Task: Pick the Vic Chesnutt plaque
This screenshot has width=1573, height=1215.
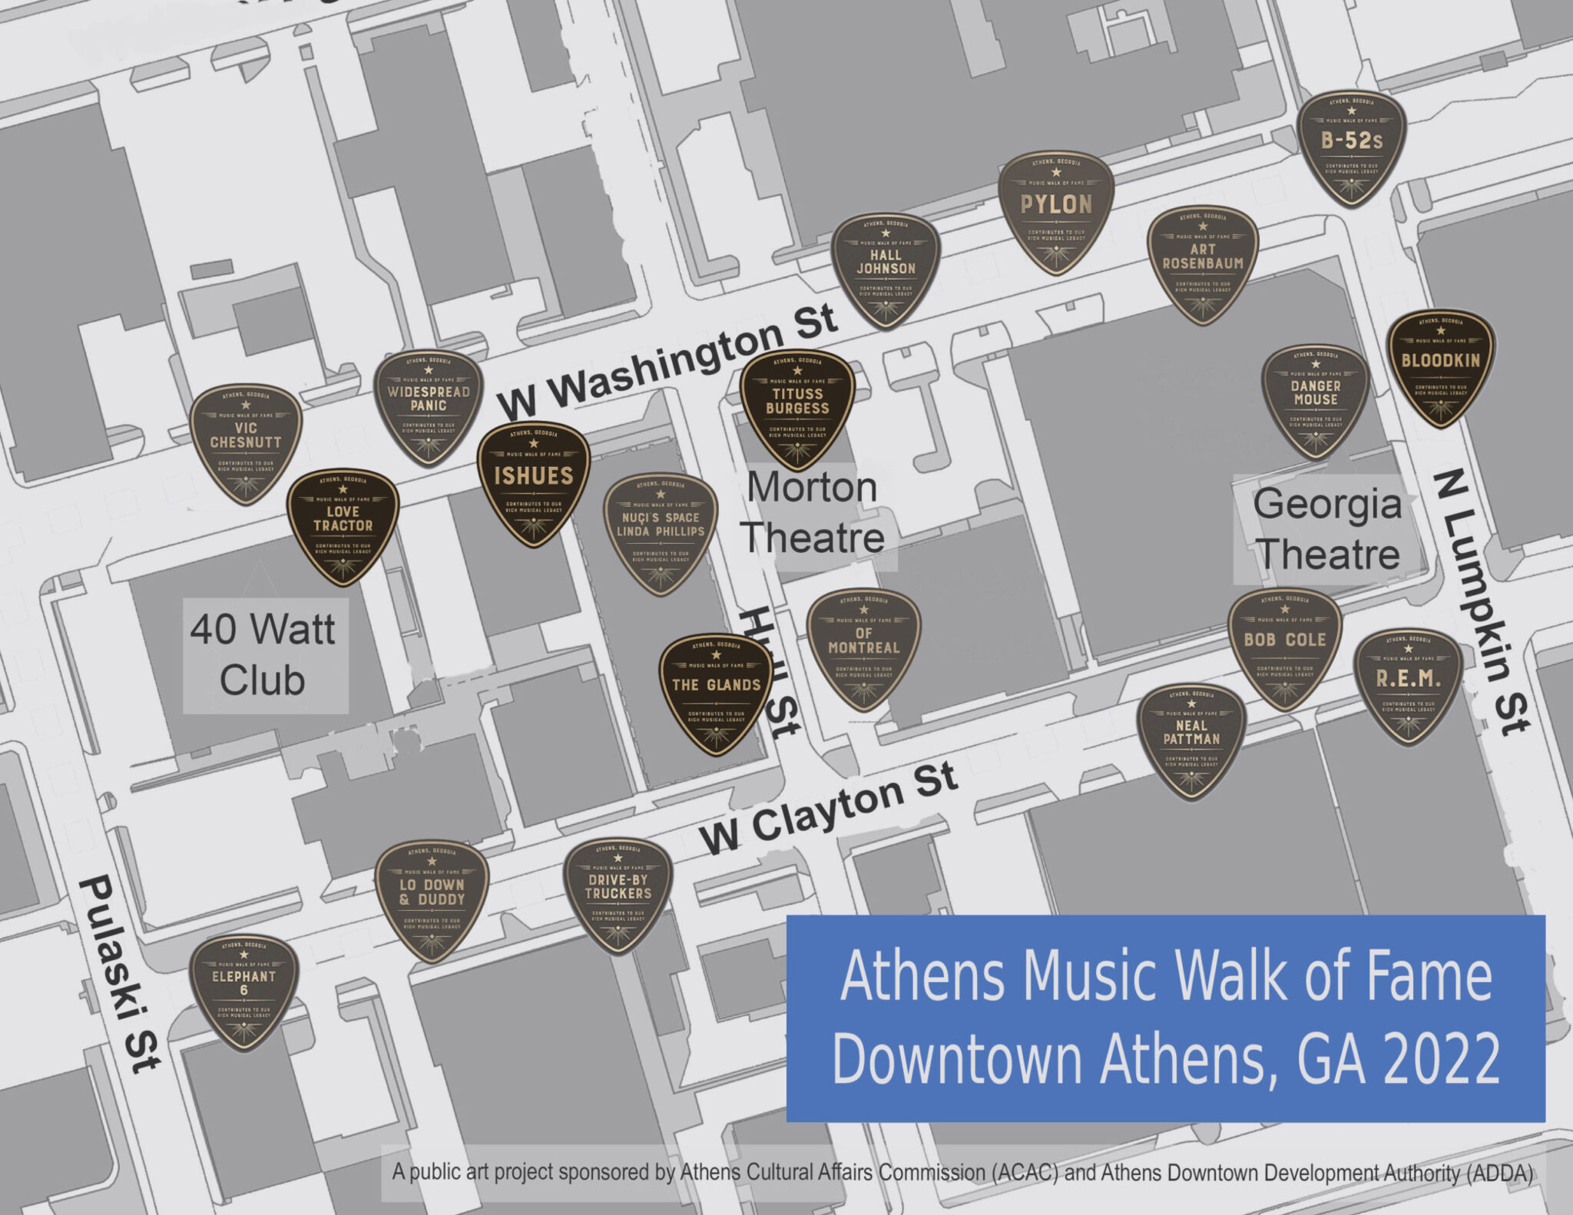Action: (x=246, y=442)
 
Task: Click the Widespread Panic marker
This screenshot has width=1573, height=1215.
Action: (x=429, y=406)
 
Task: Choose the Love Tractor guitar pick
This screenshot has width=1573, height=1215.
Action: (x=343, y=525)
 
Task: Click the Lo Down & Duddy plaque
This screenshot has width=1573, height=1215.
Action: (x=432, y=899)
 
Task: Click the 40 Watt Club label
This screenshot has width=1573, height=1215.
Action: (x=263, y=655)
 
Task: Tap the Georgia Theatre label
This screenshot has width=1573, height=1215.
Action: (x=1327, y=529)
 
